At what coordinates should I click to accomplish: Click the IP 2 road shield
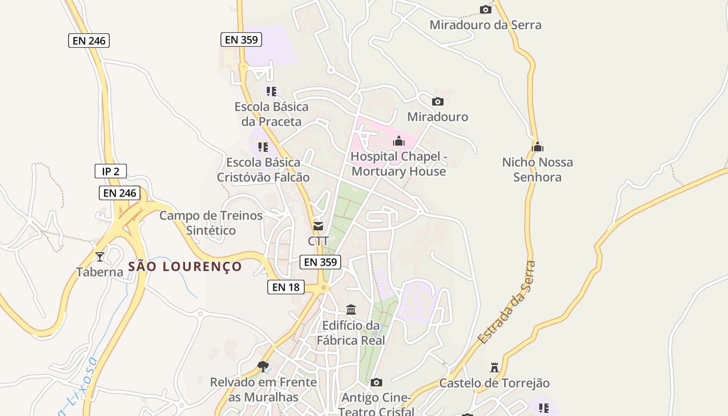coord(111,171)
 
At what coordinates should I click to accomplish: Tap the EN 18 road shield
coord(286,287)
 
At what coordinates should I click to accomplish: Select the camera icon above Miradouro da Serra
coord(486,9)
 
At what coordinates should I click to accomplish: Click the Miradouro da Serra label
coord(485,25)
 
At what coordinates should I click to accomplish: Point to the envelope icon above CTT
coord(318,226)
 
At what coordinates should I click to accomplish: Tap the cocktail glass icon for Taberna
coord(100,256)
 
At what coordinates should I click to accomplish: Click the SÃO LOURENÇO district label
coord(185,267)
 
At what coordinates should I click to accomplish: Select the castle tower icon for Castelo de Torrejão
coord(495,368)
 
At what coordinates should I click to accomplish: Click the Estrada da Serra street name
coord(506,303)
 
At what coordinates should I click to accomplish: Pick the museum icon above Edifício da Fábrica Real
coord(351,310)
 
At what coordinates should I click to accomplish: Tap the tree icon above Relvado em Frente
coord(263,366)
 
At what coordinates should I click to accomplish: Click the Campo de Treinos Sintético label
coord(211,223)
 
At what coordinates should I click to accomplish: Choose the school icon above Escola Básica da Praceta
coord(271,92)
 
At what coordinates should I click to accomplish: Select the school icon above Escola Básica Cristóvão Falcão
coord(263,147)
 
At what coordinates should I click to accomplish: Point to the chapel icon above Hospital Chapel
coord(399,141)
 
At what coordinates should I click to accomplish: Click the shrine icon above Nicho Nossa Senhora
coord(538,147)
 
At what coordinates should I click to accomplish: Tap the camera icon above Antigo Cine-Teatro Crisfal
coord(376,383)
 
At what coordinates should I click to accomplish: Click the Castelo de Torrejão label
coord(495,383)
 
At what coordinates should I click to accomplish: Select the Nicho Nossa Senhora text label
coord(538,170)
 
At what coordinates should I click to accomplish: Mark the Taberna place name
coord(100,271)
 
